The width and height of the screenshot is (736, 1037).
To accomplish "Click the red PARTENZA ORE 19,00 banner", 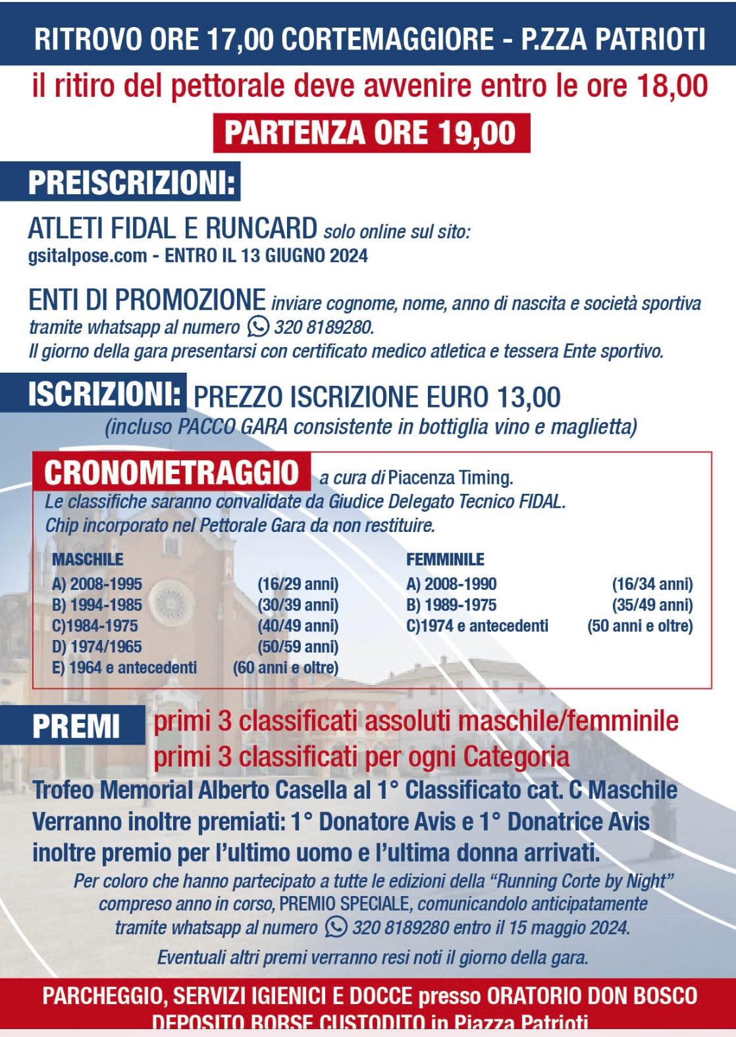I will point(371,133).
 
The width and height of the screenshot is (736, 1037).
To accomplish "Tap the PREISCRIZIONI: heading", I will point(132,183).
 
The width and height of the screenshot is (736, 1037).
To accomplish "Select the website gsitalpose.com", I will point(87,255).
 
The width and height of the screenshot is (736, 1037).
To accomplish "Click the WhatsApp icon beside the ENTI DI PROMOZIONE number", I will point(258,327).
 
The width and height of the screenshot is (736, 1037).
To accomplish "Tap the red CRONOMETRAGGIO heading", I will point(172,472).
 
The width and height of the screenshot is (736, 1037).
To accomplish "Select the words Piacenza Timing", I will point(450,477).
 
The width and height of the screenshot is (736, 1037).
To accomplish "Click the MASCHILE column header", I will point(88,560).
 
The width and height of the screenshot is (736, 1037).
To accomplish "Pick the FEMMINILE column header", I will point(445,560).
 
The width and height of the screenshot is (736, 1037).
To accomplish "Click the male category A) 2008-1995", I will point(97,584).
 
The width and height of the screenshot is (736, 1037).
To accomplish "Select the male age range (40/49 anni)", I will point(298,625).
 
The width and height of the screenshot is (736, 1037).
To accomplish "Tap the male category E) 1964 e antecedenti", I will point(124,668).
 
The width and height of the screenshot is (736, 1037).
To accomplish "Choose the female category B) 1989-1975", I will point(452,605).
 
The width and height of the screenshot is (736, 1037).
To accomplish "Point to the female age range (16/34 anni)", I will point(652,584).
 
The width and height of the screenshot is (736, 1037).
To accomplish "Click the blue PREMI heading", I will point(76,727).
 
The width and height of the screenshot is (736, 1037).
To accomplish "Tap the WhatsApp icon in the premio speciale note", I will point(336,927).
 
